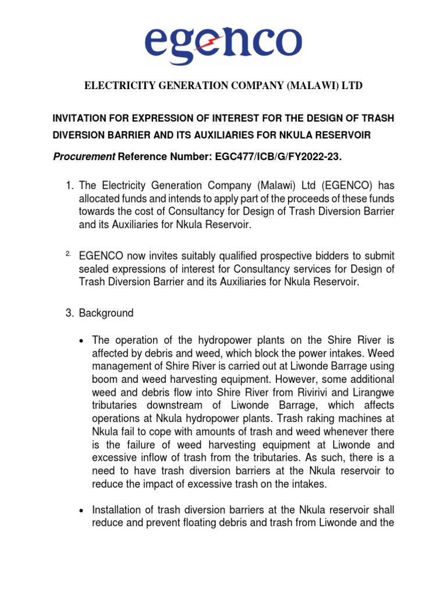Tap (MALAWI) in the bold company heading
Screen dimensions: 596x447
[311, 86]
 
